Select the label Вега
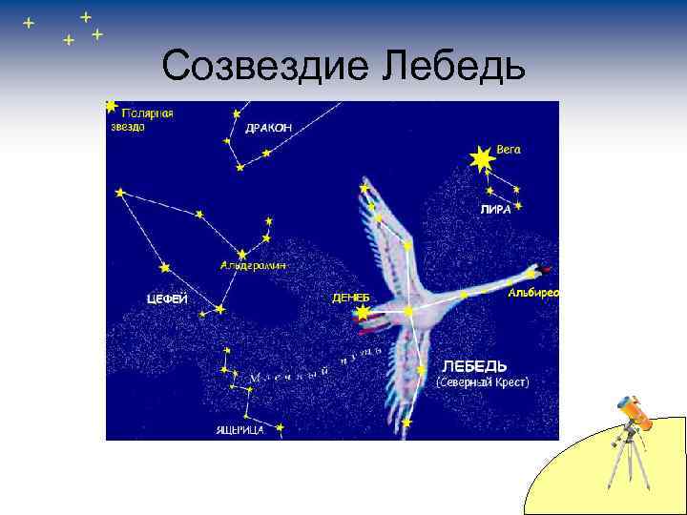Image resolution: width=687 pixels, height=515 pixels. tap(510, 151)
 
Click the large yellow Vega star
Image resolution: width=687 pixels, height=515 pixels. tap(480, 159)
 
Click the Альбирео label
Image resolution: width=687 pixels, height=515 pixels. tap(533, 292)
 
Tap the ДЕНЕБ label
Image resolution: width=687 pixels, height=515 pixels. tap(350, 299)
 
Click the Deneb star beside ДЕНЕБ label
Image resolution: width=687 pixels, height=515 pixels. tap(363, 313)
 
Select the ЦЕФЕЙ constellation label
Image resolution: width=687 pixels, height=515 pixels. tap(166, 299)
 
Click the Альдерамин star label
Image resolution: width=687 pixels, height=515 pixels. tap(253, 265)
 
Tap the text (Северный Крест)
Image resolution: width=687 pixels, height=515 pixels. tap(483, 381)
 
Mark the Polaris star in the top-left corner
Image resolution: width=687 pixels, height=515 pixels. tap(112, 106)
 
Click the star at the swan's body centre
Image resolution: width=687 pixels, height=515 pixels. tap(409, 311)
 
